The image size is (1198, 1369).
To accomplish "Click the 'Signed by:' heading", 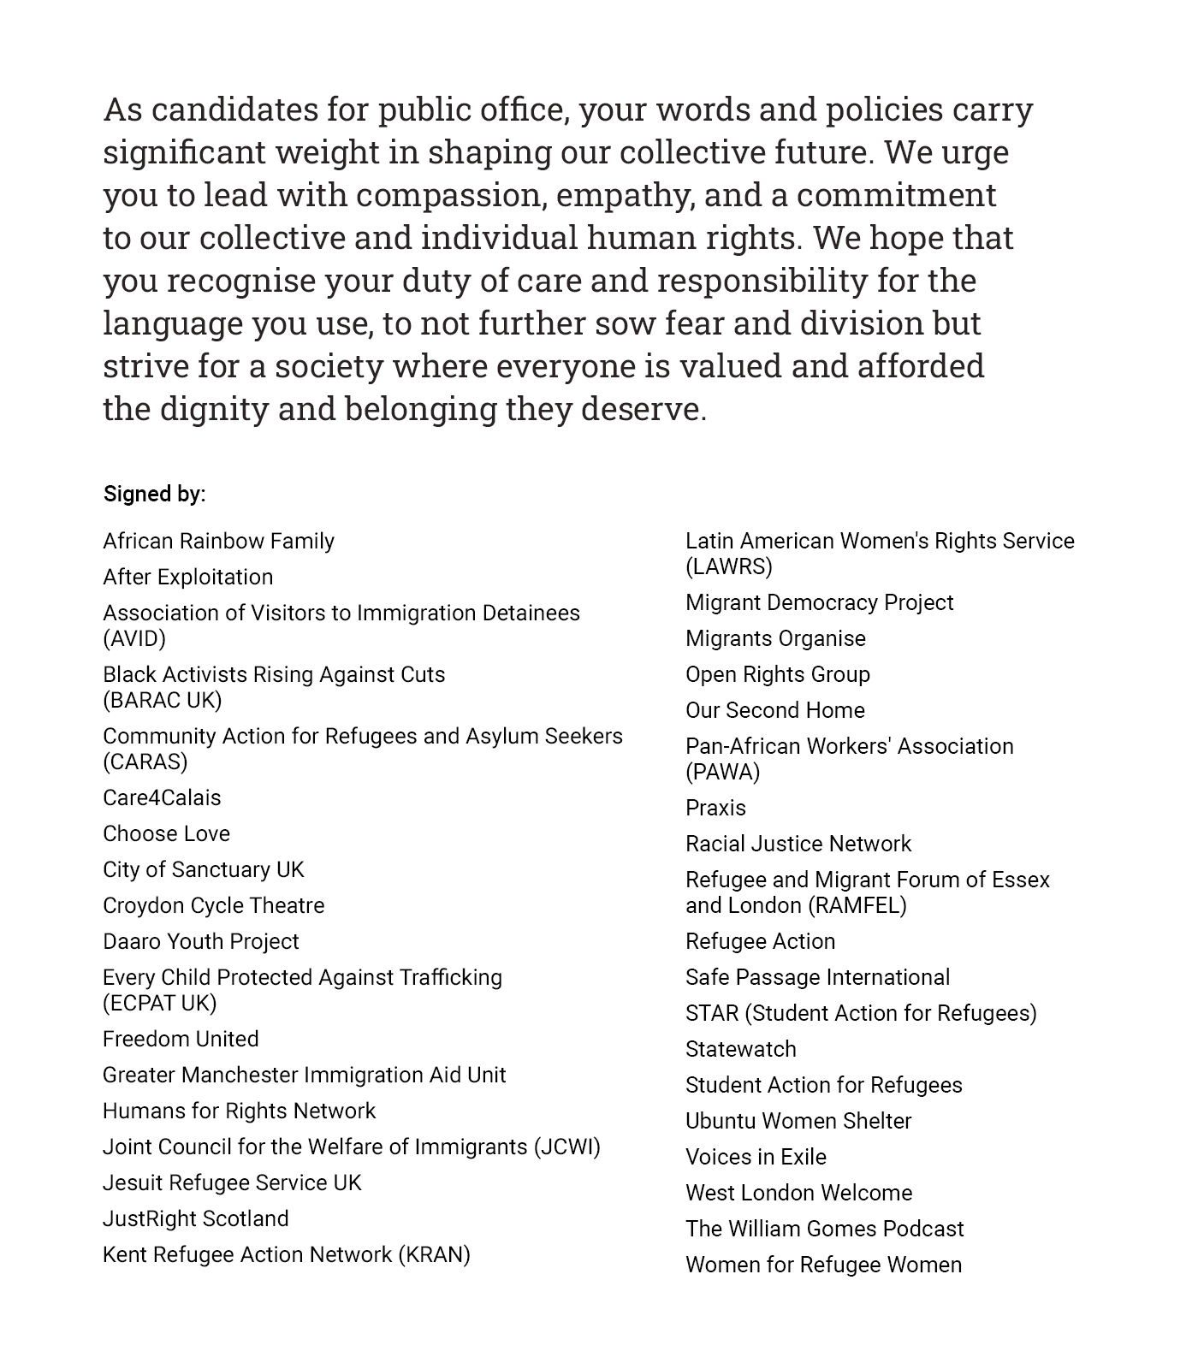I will pyautogui.click(x=154, y=494).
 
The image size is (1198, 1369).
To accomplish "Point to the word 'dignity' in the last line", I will pyautogui.click(x=214, y=409).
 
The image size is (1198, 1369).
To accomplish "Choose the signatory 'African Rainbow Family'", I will pyautogui.click(x=218, y=541).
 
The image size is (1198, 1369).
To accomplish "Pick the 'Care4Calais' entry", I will pyautogui.click(x=162, y=797).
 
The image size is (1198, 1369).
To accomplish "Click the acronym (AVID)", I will pyautogui.click(x=134, y=638).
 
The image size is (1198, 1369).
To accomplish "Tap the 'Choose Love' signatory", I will pyautogui.click(x=166, y=833).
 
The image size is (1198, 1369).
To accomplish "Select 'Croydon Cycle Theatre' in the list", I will pyautogui.click(x=213, y=905).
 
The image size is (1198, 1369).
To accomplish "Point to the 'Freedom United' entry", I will pyautogui.click(x=181, y=1039).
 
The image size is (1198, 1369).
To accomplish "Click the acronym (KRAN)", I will pyautogui.click(x=434, y=1254).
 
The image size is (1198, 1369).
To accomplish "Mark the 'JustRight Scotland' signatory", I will pyautogui.click(x=195, y=1218).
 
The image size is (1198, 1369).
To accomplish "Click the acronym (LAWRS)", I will pyautogui.click(x=729, y=566).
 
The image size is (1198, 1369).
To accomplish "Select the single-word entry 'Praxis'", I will pyautogui.click(x=715, y=808).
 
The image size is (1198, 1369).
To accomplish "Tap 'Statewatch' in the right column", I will pyautogui.click(x=740, y=1049).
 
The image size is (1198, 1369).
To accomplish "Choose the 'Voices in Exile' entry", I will pyautogui.click(x=756, y=1157).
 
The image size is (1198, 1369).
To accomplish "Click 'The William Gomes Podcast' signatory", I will pyautogui.click(x=824, y=1229).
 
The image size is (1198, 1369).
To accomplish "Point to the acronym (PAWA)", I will pyautogui.click(x=722, y=772).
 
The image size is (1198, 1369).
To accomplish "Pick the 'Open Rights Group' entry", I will pyautogui.click(x=777, y=674).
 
